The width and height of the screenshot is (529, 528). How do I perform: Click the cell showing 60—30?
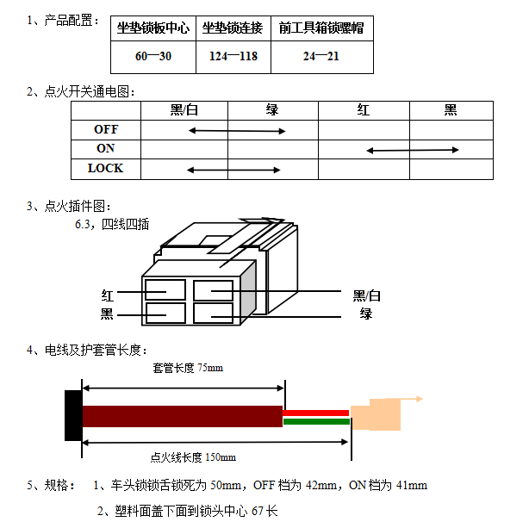tap(153, 56)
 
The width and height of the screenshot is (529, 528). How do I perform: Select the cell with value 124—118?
tap(233, 56)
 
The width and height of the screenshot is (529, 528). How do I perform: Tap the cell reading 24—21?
tap(322, 56)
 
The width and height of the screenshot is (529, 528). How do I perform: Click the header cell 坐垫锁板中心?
tap(153, 28)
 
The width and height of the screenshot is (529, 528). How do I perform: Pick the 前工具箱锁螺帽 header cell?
tap(322, 28)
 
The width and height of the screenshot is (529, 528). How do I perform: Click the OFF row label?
tap(106, 129)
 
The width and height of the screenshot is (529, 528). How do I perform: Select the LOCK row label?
tap(106, 168)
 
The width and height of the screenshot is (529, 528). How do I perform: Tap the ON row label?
tap(106, 148)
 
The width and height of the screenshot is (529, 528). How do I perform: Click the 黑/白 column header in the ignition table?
tap(184, 110)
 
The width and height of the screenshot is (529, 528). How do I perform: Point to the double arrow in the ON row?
tap(413, 150)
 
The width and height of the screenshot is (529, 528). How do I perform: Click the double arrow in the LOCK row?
tap(233, 170)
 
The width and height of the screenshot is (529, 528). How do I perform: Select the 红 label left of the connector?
tap(108, 295)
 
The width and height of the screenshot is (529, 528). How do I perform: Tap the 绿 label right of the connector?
tap(366, 314)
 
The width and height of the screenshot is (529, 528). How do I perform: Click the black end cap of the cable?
tap(73, 415)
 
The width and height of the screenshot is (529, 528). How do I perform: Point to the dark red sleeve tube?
tap(183, 416)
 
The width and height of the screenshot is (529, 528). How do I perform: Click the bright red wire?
tap(316, 413)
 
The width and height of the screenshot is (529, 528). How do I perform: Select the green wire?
tap(316, 421)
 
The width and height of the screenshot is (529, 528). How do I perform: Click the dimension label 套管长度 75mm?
tap(188, 368)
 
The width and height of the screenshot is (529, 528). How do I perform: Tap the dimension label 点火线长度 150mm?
tap(193, 457)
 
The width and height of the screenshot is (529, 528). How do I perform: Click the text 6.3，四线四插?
tap(112, 224)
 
